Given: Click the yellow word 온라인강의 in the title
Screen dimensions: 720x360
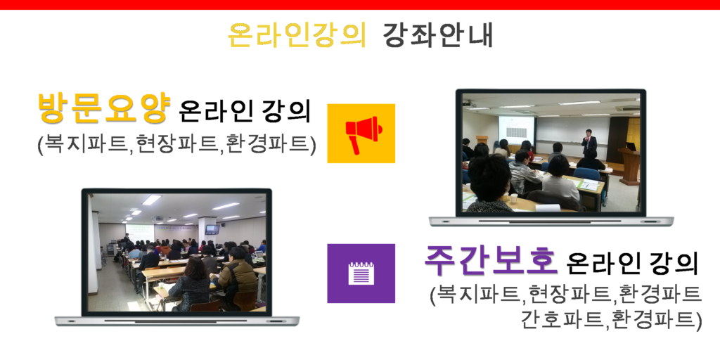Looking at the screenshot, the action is click(x=297, y=35).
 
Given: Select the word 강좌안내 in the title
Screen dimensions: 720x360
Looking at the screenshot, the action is click(x=437, y=35).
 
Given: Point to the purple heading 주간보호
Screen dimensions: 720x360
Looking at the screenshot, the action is click(x=491, y=259).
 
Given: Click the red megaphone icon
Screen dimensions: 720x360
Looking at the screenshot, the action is click(x=361, y=134).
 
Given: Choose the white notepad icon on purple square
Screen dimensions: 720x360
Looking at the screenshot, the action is click(x=361, y=274).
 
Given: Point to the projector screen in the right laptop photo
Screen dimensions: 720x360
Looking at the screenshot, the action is click(x=517, y=129).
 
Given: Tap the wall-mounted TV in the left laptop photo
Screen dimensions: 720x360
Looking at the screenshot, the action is click(x=212, y=229).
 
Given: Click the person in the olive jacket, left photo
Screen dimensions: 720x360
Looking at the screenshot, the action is click(x=238, y=277).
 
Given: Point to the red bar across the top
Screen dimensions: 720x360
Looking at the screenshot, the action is click(x=360, y=5).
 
